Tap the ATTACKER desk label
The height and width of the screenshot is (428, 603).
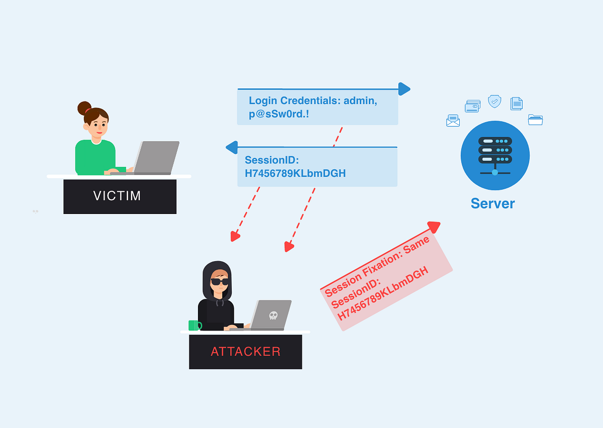point(245,352)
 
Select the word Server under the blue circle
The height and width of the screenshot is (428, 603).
point(492,203)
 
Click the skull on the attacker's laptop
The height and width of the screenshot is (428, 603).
point(273,315)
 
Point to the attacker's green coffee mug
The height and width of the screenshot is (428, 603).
point(194,326)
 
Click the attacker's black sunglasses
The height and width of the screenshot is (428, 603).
point(220,281)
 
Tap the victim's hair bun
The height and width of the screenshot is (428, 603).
point(84,108)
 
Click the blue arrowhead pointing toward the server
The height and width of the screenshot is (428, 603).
point(404,89)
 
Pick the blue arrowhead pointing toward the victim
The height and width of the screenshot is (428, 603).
point(232,147)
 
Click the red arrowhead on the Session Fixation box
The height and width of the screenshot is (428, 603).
point(434,227)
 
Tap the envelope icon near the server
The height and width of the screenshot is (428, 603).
point(453,121)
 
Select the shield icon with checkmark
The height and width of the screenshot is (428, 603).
point(494,101)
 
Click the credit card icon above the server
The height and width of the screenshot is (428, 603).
point(472,106)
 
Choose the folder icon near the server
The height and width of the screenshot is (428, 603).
point(535,120)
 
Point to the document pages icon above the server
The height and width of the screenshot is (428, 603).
point(516,103)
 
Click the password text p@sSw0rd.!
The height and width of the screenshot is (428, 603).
point(279,115)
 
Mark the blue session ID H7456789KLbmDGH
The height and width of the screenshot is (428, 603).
point(295,173)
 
